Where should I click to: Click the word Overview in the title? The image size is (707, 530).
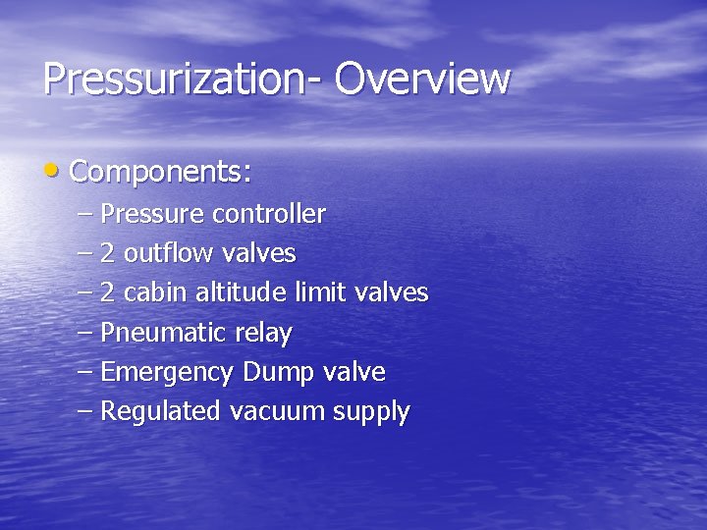422,79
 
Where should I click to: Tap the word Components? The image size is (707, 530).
160,173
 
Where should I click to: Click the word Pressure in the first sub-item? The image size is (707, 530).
153,213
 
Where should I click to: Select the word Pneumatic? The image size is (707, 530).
163,333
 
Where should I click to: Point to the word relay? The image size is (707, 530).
263,334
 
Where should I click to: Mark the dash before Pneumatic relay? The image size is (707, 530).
84,332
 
